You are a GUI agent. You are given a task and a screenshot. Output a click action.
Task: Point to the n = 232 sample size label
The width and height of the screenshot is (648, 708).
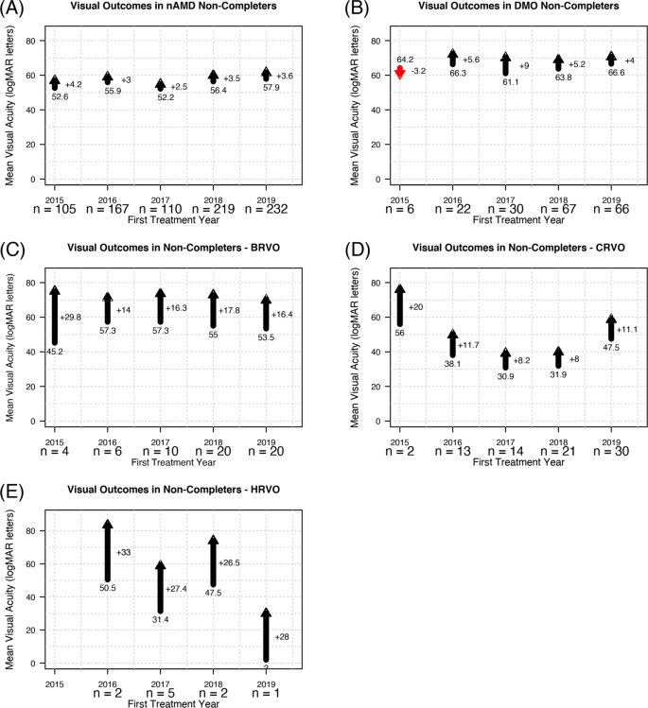click(x=266, y=208)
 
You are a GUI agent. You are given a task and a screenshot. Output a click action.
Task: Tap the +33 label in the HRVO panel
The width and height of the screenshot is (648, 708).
click(x=123, y=552)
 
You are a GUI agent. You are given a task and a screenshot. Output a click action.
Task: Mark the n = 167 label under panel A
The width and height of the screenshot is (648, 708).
click(x=108, y=208)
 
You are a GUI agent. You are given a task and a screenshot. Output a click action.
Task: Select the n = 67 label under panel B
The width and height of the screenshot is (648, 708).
click(x=558, y=208)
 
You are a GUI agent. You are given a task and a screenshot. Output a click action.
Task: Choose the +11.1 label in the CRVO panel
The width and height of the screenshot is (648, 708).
click(x=627, y=330)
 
